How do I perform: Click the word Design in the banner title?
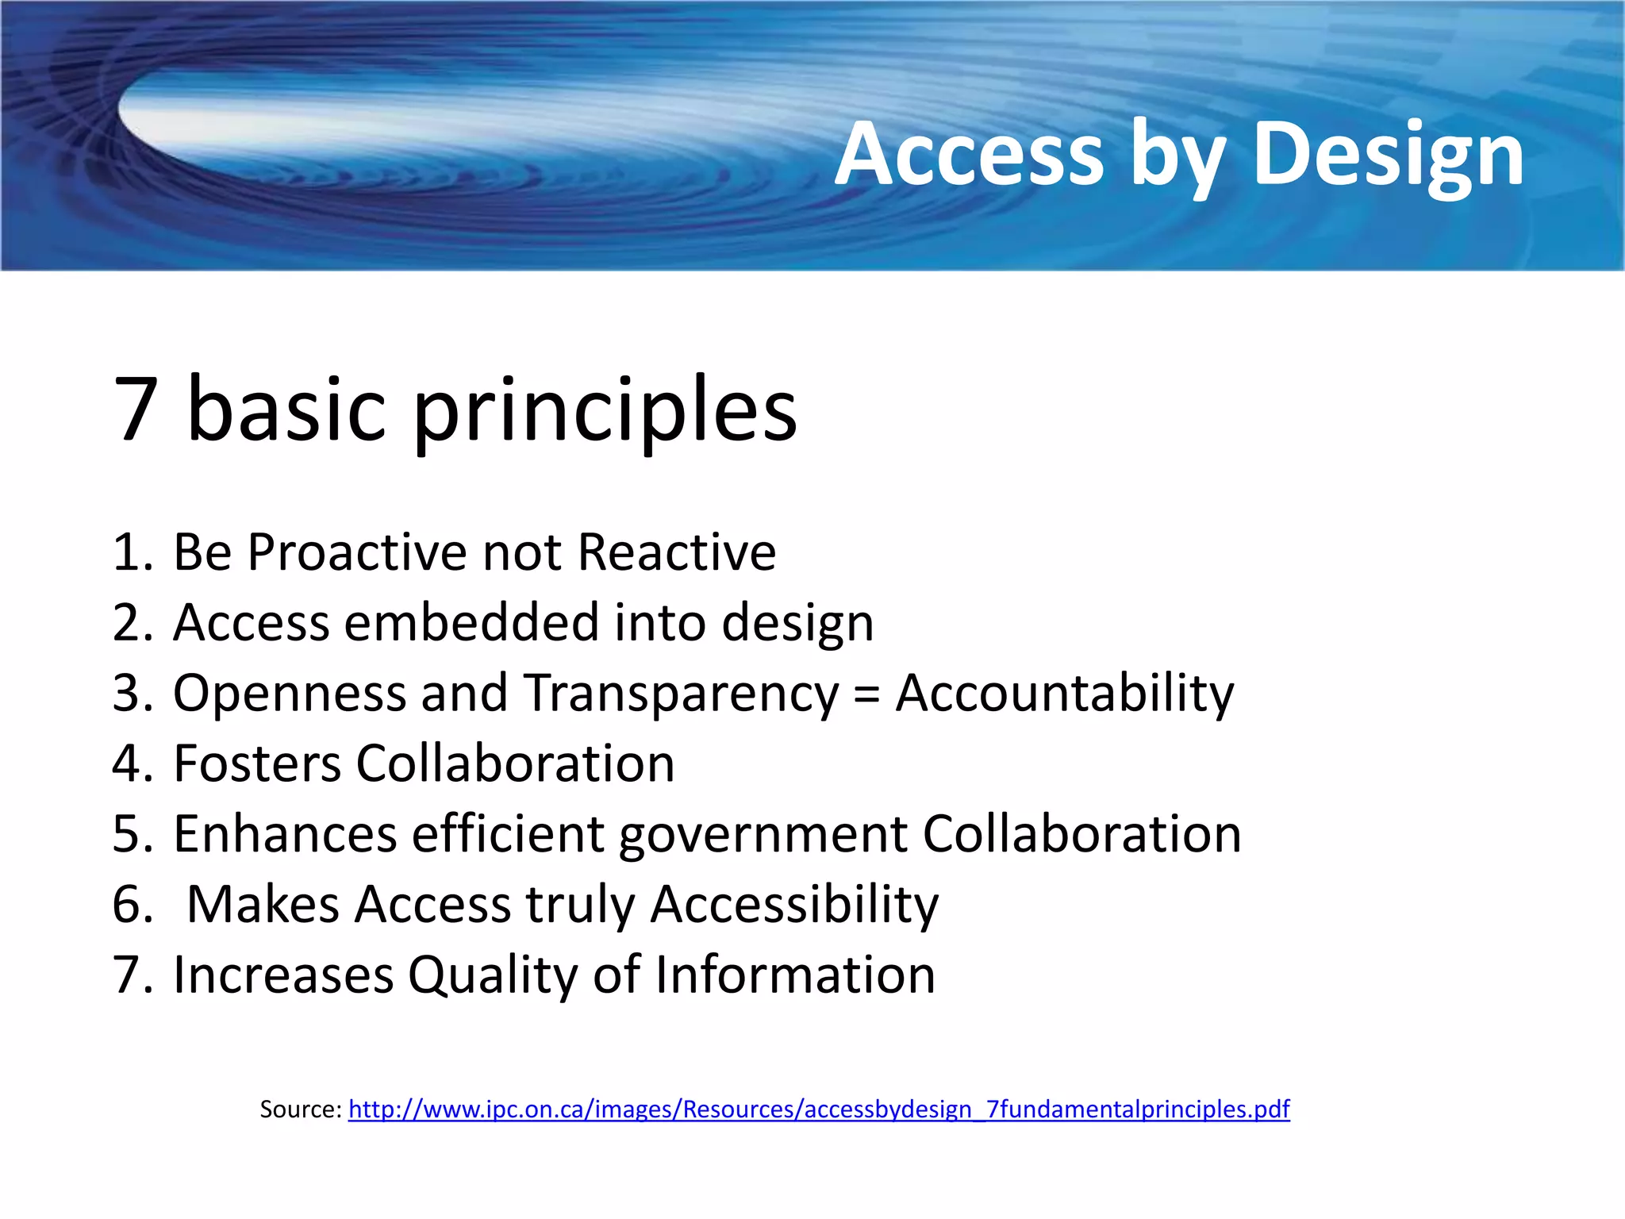pyautogui.click(x=1388, y=155)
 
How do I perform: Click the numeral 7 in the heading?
pyautogui.click(x=136, y=410)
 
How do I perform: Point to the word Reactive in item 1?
pyautogui.click(x=677, y=552)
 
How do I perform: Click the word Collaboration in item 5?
pyautogui.click(x=1081, y=834)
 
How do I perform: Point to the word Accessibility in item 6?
pyautogui.click(x=794, y=906)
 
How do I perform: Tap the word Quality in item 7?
pyautogui.click(x=493, y=976)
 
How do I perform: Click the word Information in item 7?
pyautogui.click(x=795, y=975)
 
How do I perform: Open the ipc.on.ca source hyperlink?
pyautogui.click(x=819, y=1109)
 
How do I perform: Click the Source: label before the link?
pyautogui.click(x=301, y=1109)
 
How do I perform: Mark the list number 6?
pyautogui.click(x=132, y=905)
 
